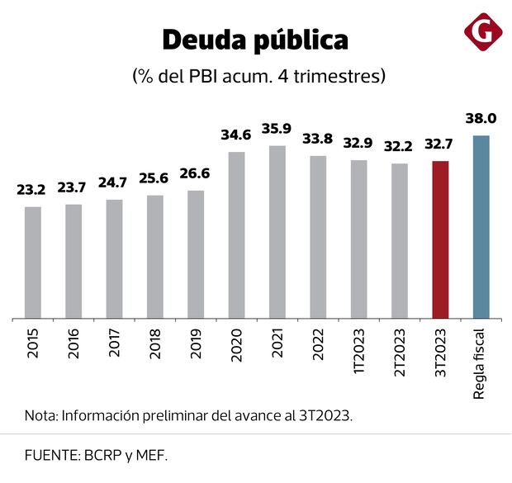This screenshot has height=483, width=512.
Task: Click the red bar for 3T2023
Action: coord(440,239)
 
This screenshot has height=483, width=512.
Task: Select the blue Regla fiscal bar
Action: coord(481,227)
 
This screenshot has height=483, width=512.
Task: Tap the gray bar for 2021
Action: coord(277,232)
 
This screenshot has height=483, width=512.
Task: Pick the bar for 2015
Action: coord(33,263)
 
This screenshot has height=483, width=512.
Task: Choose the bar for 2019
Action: coord(196,254)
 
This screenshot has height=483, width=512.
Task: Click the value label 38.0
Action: coord(481,120)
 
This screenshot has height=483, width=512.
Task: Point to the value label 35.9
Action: coord(277,129)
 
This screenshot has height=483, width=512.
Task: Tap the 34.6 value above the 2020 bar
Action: coord(237,135)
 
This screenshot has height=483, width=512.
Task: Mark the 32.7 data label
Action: coord(440,144)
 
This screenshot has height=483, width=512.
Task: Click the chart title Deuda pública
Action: coord(255,40)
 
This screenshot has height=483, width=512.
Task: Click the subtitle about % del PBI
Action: coord(258,77)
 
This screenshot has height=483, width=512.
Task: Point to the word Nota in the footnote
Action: coord(39,416)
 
